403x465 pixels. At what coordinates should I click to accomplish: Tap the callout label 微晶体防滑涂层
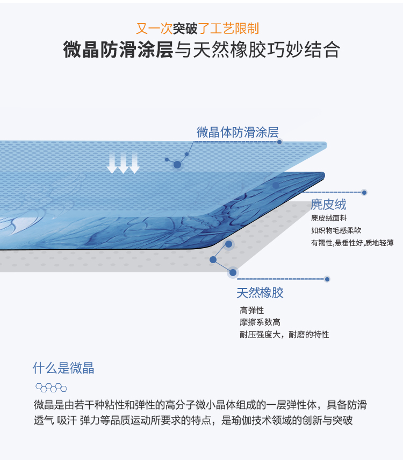tap(237, 132)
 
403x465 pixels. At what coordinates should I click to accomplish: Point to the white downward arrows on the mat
tap(123, 164)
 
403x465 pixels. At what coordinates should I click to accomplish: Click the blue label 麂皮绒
tap(328, 205)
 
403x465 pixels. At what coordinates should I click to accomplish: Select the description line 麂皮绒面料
tap(328, 218)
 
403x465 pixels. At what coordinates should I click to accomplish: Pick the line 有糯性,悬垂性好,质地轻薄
tap(352, 243)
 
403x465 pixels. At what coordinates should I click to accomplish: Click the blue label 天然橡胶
tap(260, 293)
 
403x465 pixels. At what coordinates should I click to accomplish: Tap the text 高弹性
tap(252, 311)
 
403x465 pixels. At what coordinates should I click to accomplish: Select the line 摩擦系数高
tap(260, 322)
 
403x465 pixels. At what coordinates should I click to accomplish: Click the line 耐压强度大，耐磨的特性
tap(284, 335)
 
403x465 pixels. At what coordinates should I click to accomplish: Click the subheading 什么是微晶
tap(63, 369)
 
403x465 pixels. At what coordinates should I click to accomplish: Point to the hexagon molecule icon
tap(51, 387)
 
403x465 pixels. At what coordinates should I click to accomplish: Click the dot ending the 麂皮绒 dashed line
tap(364, 192)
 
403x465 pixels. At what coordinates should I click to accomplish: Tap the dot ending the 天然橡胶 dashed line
tap(327, 279)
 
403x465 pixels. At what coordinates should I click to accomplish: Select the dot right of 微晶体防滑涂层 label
tap(279, 142)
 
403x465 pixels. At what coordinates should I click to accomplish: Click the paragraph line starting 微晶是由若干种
tap(200, 405)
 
